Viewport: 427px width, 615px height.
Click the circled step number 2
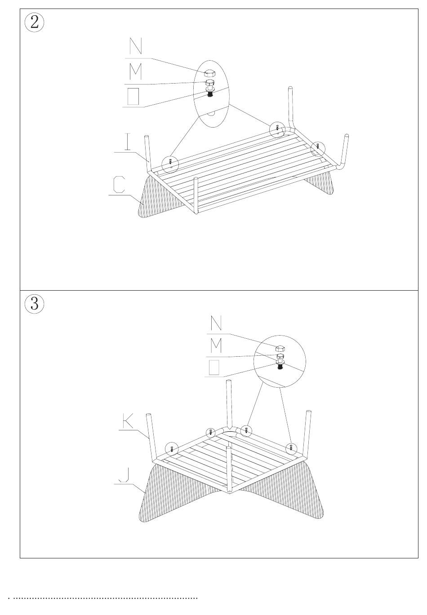(x=35, y=22)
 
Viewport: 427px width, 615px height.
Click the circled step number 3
(x=35, y=304)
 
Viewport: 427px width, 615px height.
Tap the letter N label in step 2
(x=135, y=47)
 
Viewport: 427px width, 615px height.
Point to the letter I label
(x=128, y=142)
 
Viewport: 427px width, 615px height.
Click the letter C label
(x=119, y=185)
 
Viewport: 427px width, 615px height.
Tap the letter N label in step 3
(x=216, y=323)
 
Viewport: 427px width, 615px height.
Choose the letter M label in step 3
(x=216, y=345)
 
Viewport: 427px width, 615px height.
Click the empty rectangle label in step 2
(x=133, y=96)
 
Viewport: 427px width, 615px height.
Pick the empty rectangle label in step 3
(x=214, y=367)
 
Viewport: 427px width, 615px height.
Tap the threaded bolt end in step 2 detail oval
(x=210, y=95)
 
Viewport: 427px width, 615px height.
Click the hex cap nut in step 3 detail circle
(x=280, y=348)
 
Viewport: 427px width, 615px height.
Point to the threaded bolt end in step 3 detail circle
(x=280, y=367)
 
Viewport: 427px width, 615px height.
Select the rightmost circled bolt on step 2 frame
(x=318, y=146)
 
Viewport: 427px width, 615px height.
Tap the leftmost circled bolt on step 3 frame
(x=172, y=448)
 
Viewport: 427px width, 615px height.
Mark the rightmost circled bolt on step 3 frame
(x=291, y=448)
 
